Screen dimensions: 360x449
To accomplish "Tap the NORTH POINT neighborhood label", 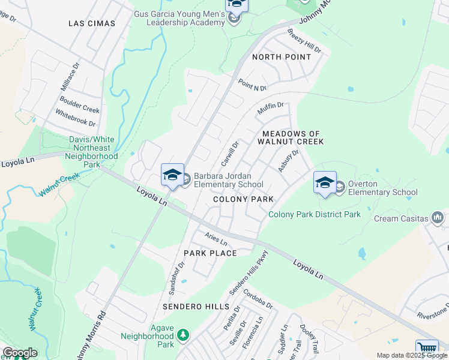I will [x=282, y=57].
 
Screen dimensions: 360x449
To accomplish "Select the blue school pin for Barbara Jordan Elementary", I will [x=172, y=175].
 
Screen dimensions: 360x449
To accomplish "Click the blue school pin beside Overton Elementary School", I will [x=325, y=183].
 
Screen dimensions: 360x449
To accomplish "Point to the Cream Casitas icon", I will [x=437, y=217].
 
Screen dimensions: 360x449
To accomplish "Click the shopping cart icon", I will [x=427, y=349].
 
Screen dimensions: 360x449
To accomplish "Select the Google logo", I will [x=19, y=353].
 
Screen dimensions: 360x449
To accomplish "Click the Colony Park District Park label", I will [x=315, y=214].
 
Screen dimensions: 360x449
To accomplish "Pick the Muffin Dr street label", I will [x=270, y=109].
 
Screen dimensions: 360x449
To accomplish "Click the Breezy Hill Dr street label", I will [x=304, y=40].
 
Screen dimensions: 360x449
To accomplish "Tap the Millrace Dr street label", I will [x=70, y=76].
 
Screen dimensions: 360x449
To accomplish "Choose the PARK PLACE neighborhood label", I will [x=210, y=253].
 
